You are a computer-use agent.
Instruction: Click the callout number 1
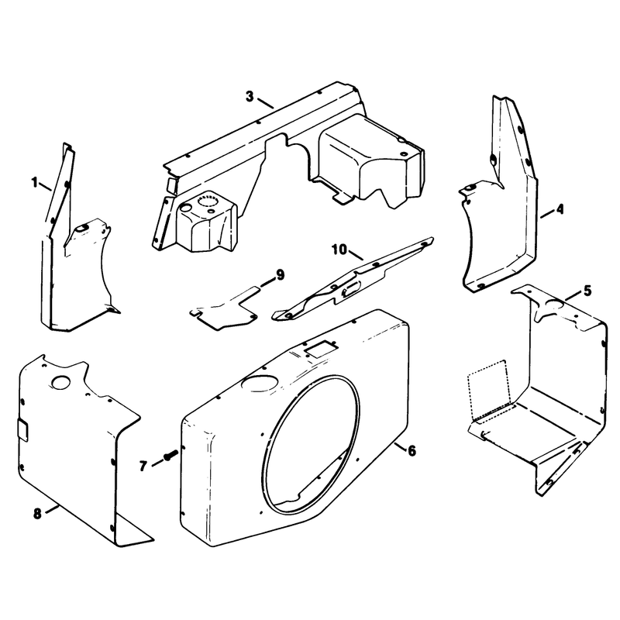pyautogui.click(x=35, y=183)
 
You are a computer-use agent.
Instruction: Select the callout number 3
pyautogui.click(x=250, y=96)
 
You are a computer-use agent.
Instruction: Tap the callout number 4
pyautogui.click(x=560, y=209)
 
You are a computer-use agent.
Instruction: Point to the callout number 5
pyautogui.click(x=587, y=291)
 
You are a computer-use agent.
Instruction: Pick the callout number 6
pyautogui.click(x=412, y=450)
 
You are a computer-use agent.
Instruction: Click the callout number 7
pyautogui.click(x=143, y=467)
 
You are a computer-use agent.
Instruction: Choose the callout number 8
pyautogui.click(x=37, y=514)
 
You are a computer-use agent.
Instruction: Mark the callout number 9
pyautogui.click(x=280, y=275)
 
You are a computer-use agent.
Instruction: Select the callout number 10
pyautogui.click(x=339, y=250)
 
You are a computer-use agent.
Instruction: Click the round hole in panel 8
pyautogui.click(x=61, y=381)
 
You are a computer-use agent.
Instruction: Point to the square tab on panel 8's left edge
pyautogui.click(x=22, y=429)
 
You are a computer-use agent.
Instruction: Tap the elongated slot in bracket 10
pyautogui.click(x=351, y=291)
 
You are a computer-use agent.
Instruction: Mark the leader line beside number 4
pyautogui.click(x=547, y=215)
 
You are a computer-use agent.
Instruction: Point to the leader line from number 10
pyautogui.click(x=355, y=255)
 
